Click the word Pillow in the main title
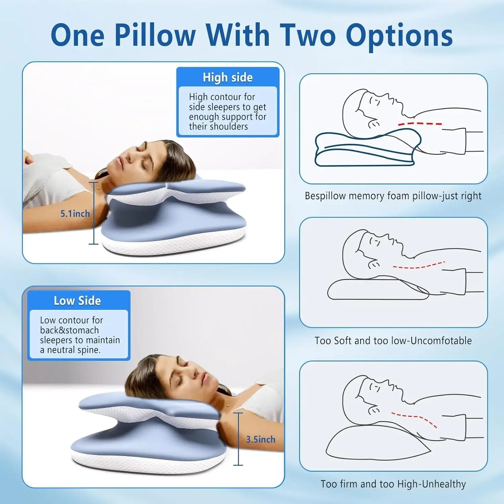coord(155,35)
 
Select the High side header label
coord(227,78)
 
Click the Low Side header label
coord(77,301)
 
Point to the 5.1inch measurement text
coord(75,214)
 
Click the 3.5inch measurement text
coord(260,439)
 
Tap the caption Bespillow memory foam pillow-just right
coord(393,196)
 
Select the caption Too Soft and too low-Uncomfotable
coord(393,341)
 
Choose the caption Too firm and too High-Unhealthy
coord(393,484)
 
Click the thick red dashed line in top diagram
coord(420,124)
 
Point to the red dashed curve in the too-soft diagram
coord(418,266)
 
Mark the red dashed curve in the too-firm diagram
coord(415,418)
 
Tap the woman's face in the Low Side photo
coord(192,373)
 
